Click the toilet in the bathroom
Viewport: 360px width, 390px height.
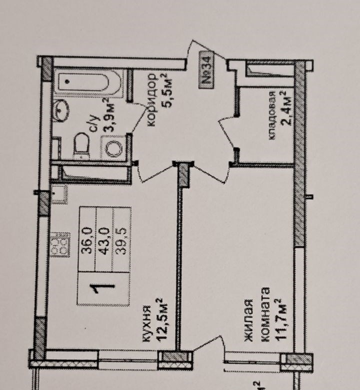click(x=81, y=146)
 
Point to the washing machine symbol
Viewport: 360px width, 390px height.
click(x=113, y=148)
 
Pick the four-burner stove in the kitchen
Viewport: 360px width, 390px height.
click(x=60, y=244)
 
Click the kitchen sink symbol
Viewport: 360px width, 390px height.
click(x=59, y=194)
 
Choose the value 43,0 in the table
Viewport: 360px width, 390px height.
click(x=104, y=241)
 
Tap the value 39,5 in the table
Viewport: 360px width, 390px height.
click(x=121, y=241)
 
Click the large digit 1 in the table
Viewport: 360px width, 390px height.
click(x=102, y=288)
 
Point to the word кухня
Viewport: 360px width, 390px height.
click(x=146, y=324)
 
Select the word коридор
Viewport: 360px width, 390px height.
click(x=152, y=100)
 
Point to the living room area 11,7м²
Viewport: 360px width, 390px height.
click(x=280, y=319)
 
